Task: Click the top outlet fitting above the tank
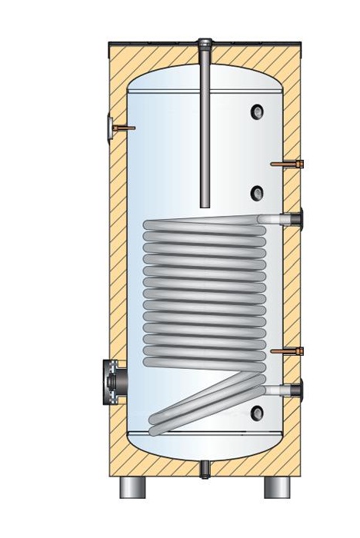(x=204, y=43)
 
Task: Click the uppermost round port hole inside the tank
(x=256, y=112)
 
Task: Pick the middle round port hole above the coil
(x=257, y=171)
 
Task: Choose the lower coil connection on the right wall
(x=292, y=388)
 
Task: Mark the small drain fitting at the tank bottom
(x=205, y=467)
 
